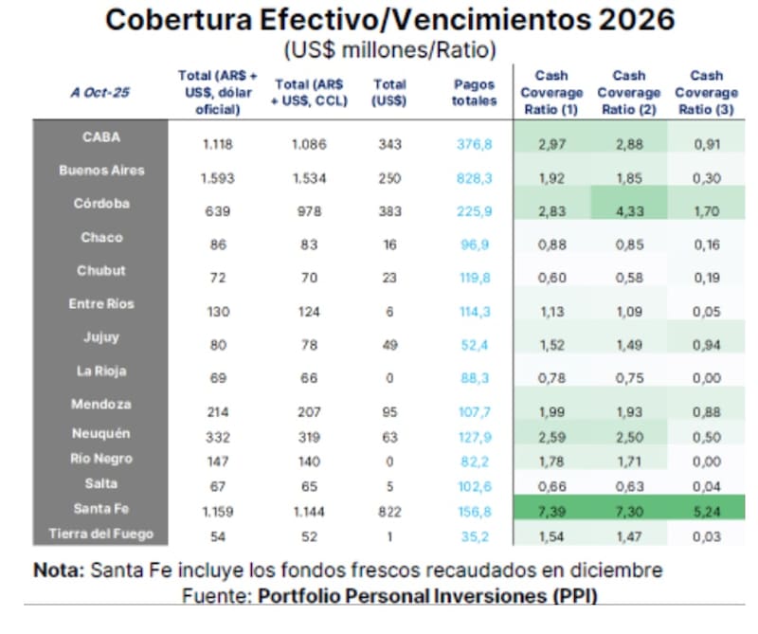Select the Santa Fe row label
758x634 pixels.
point(101,509)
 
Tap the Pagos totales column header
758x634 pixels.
point(474,92)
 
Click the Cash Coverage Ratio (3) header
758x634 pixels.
point(706,92)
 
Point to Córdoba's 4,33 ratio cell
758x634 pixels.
point(629,211)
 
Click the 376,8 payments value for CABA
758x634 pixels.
point(474,144)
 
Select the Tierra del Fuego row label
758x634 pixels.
point(101,534)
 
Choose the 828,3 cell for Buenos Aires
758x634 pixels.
point(474,178)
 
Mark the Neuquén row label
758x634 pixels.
point(101,433)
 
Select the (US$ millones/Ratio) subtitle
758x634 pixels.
point(389,47)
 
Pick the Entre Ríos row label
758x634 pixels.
point(101,304)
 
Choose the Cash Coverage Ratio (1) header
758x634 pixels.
point(551,92)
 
